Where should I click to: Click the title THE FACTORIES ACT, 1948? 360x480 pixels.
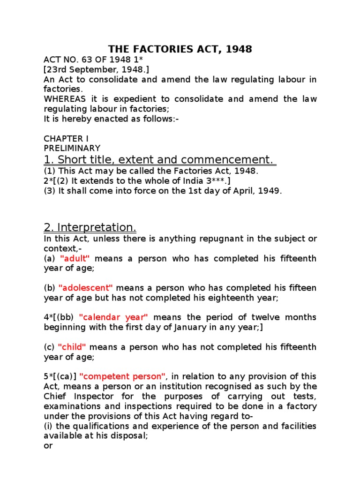[x=180, y=49]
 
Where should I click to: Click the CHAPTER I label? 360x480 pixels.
[x=66, y=139]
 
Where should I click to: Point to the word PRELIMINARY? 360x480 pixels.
[x=72, y=149]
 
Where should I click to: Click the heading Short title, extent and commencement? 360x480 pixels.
[x=159, y=160]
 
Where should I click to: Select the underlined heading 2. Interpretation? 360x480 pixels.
[x=90, y=228]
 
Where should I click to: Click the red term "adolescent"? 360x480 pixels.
[x=86, y=288]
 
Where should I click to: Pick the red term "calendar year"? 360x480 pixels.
[x=113, y=318]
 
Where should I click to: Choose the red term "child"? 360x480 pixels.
[x=72, y=347]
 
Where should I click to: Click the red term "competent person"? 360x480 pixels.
[x=123, y=377]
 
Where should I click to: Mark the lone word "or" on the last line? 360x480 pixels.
[x=48, y=446]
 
